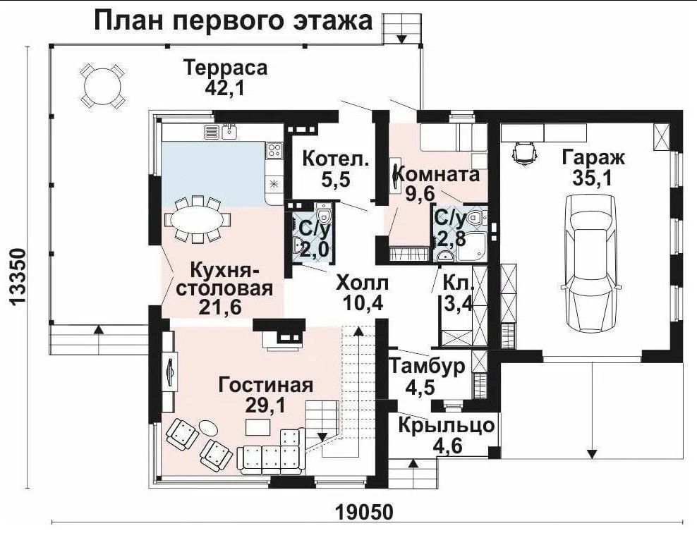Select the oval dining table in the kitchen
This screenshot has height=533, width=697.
pos(198,220)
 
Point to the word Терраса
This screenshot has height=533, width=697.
pos(226,68)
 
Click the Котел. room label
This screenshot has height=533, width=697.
pos(336,159)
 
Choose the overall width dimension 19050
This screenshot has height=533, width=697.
pos(365,512)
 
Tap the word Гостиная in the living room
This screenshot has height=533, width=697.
pos(266,385)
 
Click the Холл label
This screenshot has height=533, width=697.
pos(363,283)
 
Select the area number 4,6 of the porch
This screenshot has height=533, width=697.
pos(446,445)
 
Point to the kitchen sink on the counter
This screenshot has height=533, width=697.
pos(229,130)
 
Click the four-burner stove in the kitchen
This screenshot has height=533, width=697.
pos(274,151)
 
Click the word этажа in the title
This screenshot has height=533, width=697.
pos(330,21)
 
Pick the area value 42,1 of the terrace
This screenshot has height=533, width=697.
pos(224,88)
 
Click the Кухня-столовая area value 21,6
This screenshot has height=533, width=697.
pos(219,307)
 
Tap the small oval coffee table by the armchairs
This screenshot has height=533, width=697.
pos(207,427)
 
